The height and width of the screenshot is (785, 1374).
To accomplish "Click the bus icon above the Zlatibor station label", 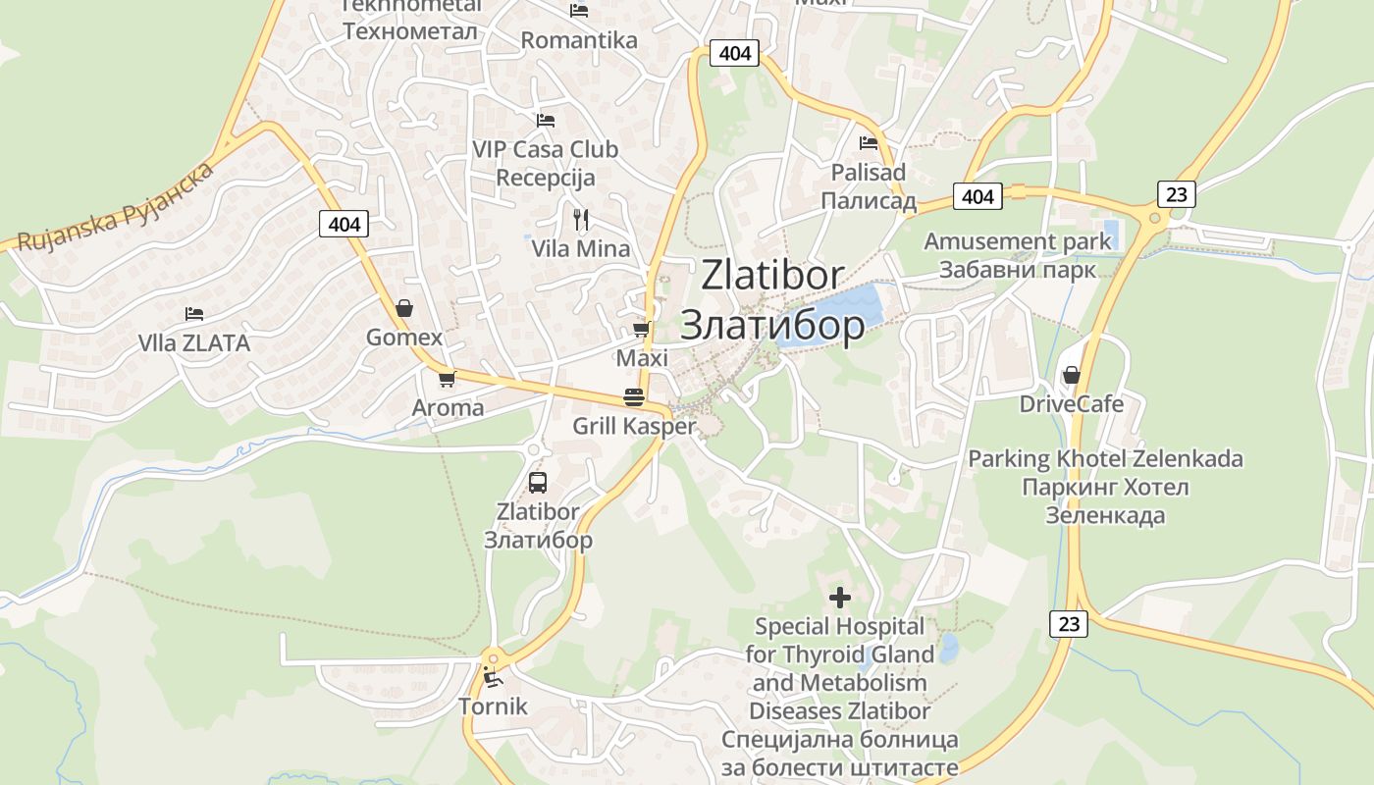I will [538, 482].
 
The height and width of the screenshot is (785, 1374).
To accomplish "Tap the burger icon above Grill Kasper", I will [634, 397].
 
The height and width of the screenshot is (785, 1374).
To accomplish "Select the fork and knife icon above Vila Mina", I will [581, 219].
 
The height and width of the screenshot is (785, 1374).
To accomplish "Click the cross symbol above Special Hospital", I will [840, 597].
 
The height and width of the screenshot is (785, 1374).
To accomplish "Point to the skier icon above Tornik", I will [492, 676].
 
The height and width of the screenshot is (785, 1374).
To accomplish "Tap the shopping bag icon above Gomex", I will [403, 308].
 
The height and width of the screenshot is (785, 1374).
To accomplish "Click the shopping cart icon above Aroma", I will [448, 378].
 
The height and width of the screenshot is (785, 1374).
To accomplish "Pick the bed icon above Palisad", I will [868, 143].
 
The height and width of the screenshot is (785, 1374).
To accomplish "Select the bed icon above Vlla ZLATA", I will [194, 314].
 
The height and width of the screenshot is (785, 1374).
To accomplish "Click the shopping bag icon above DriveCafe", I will [1071, 375].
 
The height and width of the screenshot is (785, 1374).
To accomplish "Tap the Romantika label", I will [579, 40].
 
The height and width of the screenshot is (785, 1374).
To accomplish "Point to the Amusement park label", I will [1018, 241].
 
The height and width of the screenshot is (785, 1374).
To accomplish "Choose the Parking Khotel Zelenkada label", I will [1105, 459].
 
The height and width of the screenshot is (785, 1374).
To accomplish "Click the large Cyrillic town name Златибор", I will [772, 325].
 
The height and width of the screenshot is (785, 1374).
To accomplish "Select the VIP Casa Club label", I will [546, 149].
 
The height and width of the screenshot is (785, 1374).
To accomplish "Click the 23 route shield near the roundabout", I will [1176, 194].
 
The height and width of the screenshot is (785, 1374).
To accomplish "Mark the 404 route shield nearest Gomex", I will [343, 224].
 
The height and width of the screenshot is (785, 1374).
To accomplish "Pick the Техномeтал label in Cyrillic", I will [410, 31].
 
